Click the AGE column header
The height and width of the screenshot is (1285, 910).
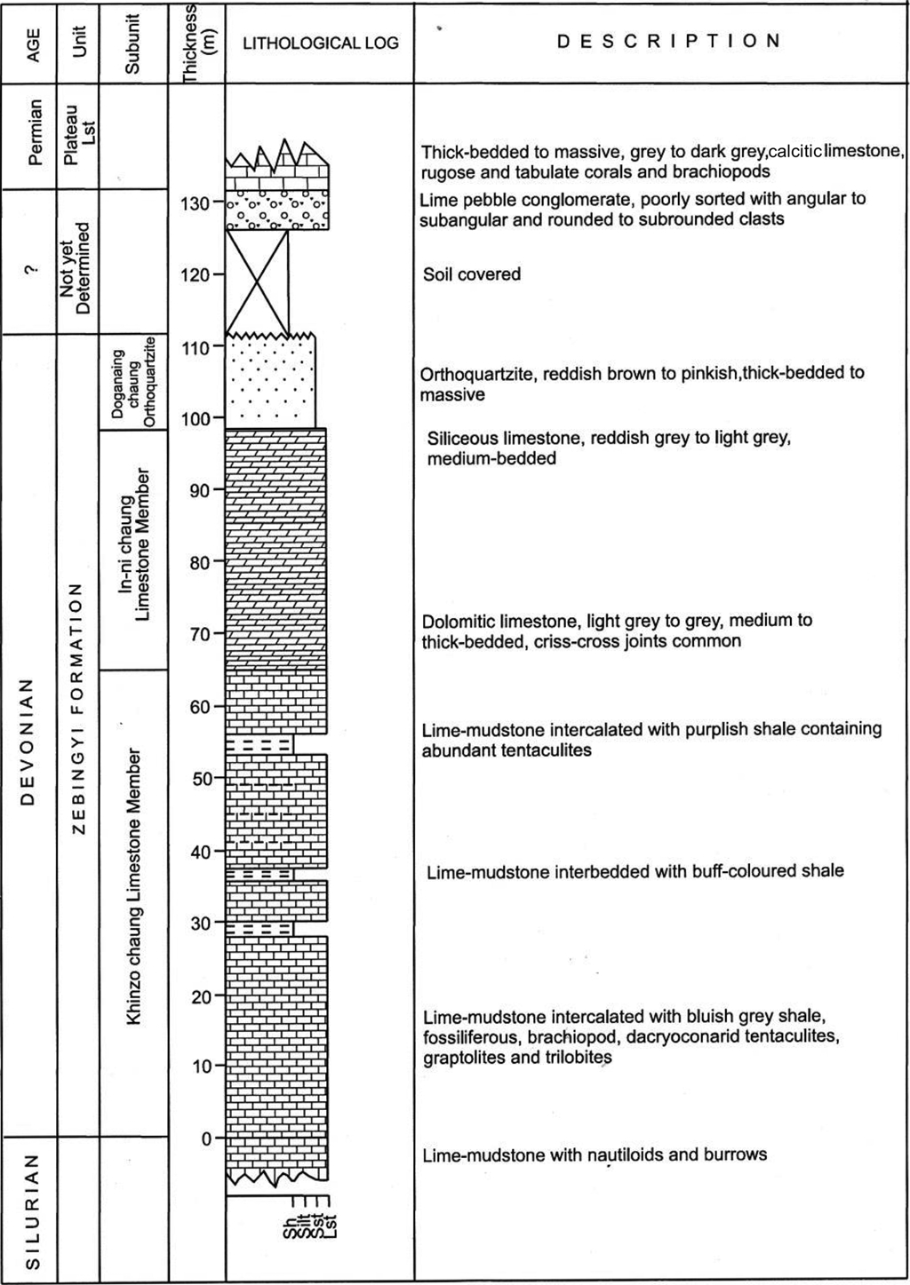click(x=34, y=43)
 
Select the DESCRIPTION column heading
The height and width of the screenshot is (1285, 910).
click(x=668, y=41)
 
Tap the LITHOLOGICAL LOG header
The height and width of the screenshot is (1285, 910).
click(x=321, y=43)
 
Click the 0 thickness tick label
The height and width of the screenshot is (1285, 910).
click(x=207, y=1138)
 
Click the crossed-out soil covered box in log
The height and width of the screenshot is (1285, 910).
click(x=258, y=282)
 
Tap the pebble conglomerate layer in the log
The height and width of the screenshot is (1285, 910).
click(x=277, y=210)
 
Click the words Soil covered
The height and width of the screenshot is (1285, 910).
click(x=472, y=274)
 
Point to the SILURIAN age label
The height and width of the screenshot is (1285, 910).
click(x=31, y=1211)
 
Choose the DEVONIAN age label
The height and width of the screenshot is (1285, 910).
click(x=28, y=742)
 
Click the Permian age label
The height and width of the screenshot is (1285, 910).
click(x=34, y=133)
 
